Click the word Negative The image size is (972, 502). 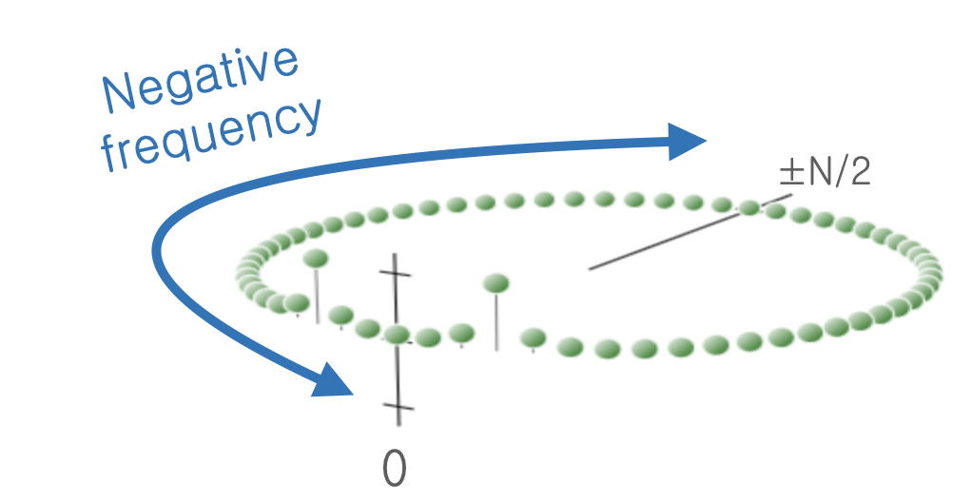200,77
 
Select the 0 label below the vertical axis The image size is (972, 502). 394,468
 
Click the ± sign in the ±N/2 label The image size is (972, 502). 789,174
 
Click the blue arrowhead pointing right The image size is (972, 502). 687,142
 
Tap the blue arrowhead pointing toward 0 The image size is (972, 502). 333,380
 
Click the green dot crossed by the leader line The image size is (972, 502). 750,206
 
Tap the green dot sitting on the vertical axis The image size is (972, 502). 397,334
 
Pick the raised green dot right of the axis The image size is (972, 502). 496,282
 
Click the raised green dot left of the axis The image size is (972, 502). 316,258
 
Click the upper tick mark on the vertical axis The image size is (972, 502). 396,272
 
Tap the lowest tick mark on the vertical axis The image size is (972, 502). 398,410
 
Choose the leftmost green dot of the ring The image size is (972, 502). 247,272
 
